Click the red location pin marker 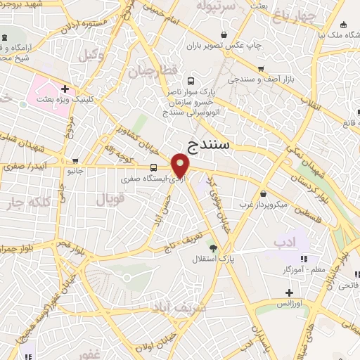(181, 166)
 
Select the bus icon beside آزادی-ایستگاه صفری (153, 167)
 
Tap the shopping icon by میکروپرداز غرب (263, 193)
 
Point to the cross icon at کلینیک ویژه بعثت (65, 89)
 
